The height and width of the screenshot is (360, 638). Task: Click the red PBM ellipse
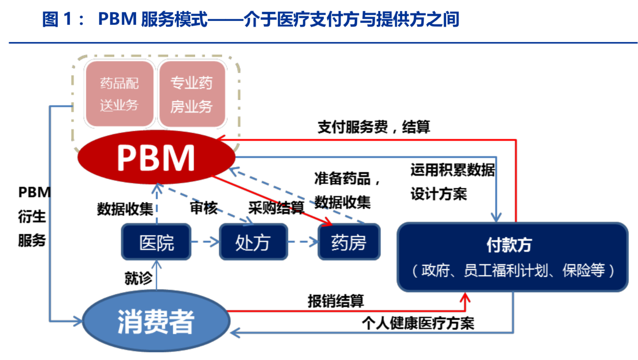pos(156,157)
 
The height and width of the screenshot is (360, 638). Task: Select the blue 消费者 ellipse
pos(156,321)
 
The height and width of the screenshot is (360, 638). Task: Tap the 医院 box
pos(156,242)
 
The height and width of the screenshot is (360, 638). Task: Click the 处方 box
pos(253,242)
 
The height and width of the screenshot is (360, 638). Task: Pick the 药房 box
pos(349,242)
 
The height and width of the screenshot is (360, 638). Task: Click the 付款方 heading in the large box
pos(509,245)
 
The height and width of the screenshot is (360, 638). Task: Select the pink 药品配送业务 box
pos(119,94)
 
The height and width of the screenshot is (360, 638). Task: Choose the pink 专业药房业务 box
pos(192,94)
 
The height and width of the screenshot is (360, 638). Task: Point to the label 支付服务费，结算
pos(373,127)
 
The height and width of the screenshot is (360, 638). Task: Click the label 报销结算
pos(335,301)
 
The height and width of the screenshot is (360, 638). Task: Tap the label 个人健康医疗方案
pos(418,323)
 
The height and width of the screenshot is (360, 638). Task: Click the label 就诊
pos(138,278)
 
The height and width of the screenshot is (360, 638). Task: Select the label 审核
pos(203,208)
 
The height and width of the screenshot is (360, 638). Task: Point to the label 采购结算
pos(276,208)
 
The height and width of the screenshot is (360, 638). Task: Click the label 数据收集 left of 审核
pos(125,209)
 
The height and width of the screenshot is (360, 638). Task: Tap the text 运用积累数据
pos(452,170)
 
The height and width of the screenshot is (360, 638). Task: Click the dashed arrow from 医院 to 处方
pos(205,242)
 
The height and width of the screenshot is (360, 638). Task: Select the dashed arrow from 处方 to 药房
pos(303,242)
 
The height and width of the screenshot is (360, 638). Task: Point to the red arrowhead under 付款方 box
pos(465,298)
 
